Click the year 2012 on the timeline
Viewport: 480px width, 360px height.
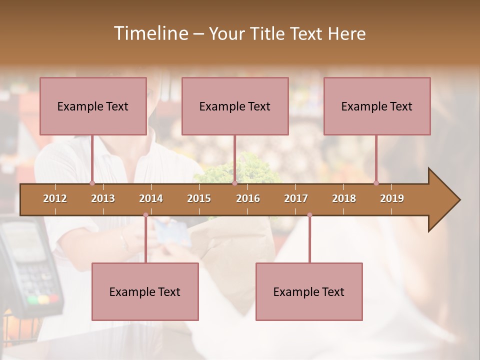pyautogui.click(x=55, y=198)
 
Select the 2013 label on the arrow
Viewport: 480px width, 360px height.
pyautogui.click(x=103, y=198)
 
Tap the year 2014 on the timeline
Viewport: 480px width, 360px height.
pyautogui.click(x=151, y=198)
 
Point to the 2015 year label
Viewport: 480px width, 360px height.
pyautogui.click(x=199, y=198)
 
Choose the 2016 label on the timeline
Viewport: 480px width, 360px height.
pyautogui.click(x=248, y=198)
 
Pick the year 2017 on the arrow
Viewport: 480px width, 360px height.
pyautogui.click(x=296, y=198)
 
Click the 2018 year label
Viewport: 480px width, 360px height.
pyautogui.click(x=344, y=198)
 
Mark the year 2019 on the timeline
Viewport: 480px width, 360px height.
pyautogui.click(x=392, y=198)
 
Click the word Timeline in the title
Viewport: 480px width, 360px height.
pyautogui.click(x=150, y=33)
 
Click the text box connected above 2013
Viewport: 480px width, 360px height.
pyautogui.click(x=93, y=106)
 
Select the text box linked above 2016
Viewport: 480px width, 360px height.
pyautogui.click(x=235, y=106)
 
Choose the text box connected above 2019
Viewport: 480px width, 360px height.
pyautogui.click(x=377, y=106)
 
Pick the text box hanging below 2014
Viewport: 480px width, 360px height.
pyautogui.click(x=145, y=291)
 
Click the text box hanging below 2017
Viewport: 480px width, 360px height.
pyautogui.click(x=309, y=291)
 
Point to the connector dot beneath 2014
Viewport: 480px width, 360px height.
pyautogui.click(x=145, y=215)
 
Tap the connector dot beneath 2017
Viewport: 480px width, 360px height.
pyautogui.click(x=309, y=215)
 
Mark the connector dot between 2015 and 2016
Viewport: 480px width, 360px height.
pyautogui.click(x=234, y=183)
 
